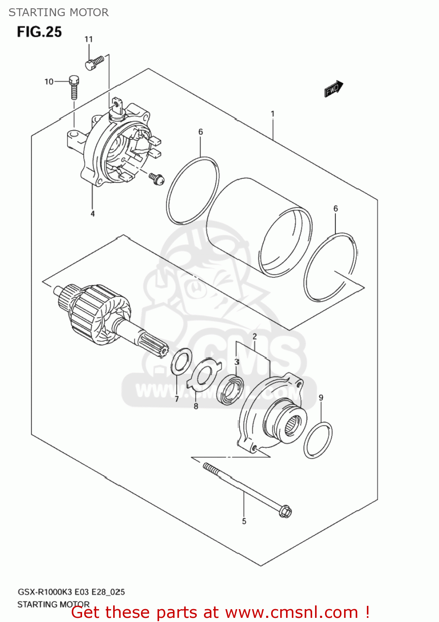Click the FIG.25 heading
(39, 32)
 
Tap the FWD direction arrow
(333, 89)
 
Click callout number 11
(89, 39)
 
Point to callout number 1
(272, 113)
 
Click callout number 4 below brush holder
(92, 214)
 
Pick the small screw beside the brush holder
(158, 178)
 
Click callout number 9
(321, 398)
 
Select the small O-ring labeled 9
(318, 440)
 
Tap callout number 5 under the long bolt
(244, 521)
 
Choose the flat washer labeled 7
(181, 362)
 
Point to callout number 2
(255, 336)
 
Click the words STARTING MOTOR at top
(58, 12)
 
